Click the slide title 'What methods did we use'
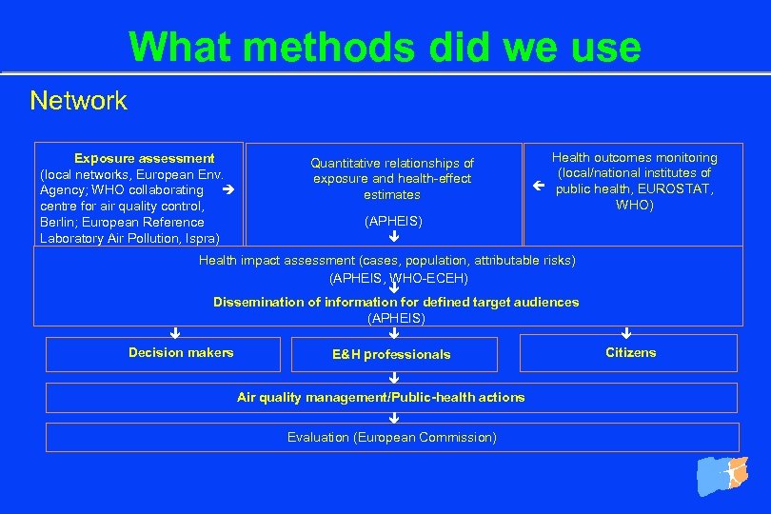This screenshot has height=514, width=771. coord(385,47)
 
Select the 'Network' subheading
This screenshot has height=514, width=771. coord(78,101)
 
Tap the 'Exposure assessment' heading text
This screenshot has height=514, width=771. coord(145,158)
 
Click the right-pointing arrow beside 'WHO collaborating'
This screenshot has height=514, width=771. coord(227,189)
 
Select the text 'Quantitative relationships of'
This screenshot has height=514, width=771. coord(392,164)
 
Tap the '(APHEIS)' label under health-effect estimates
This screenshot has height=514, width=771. coord(393,221)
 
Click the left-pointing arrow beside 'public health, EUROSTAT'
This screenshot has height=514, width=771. coord(538,188)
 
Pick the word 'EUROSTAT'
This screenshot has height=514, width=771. coord(676,188)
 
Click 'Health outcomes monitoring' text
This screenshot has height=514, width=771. coord(635,158)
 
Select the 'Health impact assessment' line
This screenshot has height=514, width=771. coord(386,261)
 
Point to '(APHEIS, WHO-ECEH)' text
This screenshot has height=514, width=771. coord(398,278)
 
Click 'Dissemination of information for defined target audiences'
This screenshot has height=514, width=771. coord(396,302)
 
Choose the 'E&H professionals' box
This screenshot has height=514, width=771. coord(393,354)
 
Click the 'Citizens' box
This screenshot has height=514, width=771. coord(629,353)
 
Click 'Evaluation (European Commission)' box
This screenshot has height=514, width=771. coord(392,438)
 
